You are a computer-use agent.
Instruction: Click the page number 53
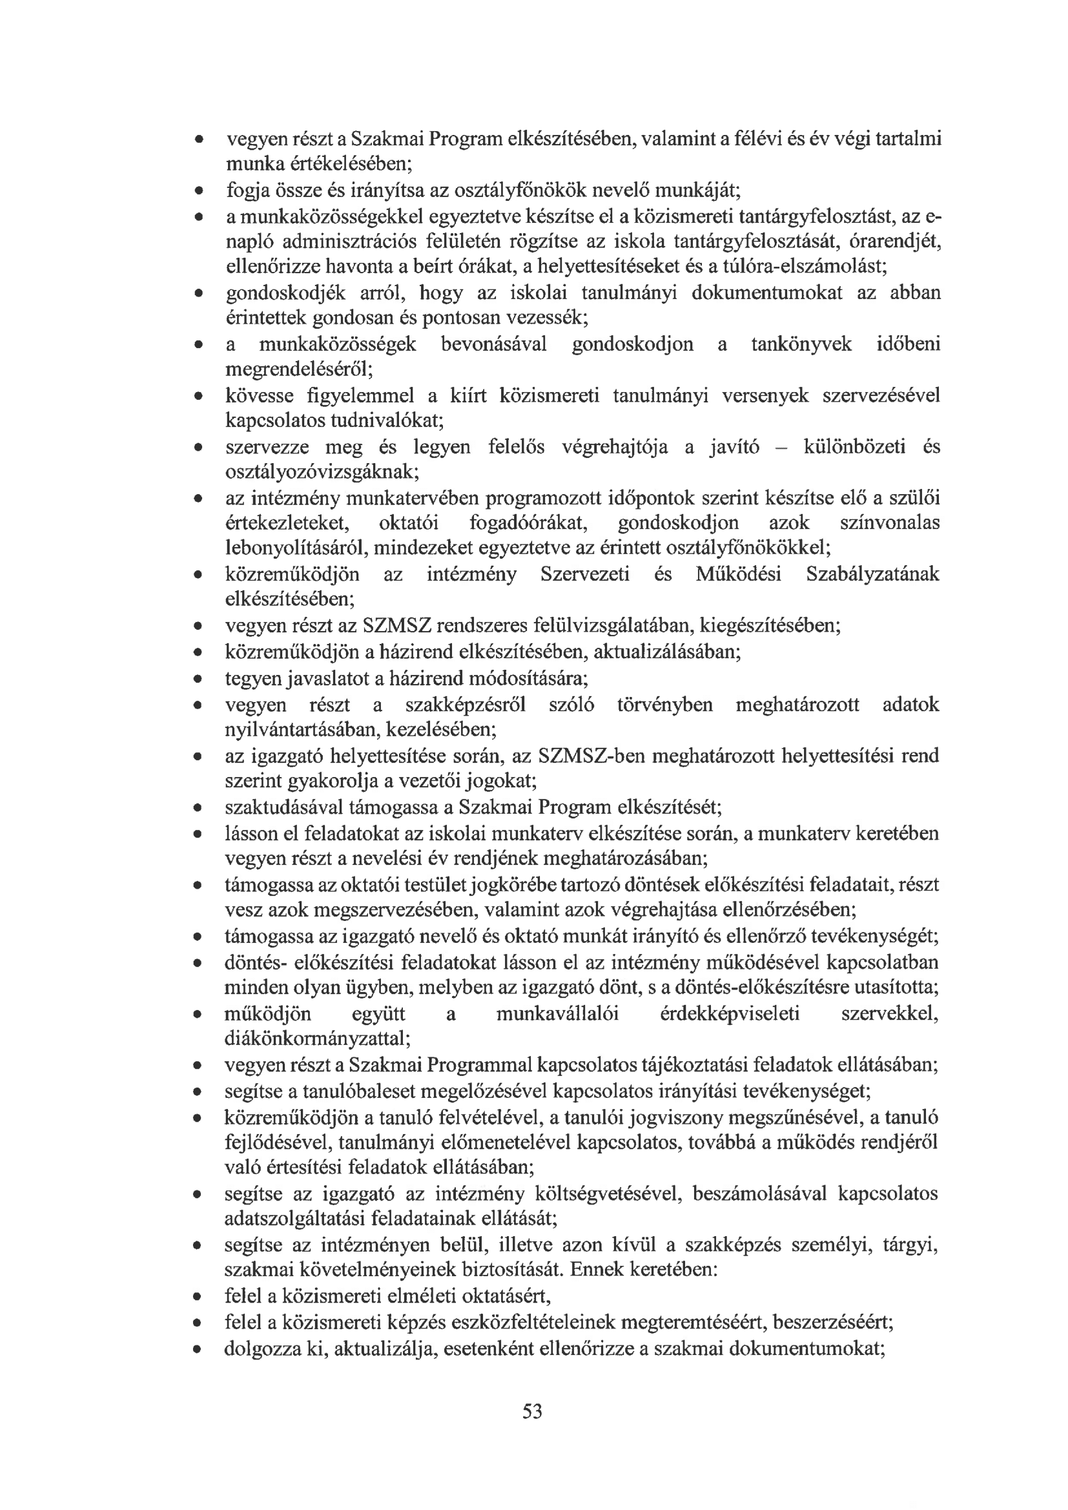(x=532, y=1411)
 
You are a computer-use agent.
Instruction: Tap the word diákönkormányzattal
(x=317, y=1039)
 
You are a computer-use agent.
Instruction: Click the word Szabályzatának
(x=873, y=575)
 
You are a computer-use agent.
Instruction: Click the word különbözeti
(x=852, y=447)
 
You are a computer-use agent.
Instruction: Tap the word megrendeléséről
(x=298, y=369)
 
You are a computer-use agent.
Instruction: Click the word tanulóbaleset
(x=353, y=1091)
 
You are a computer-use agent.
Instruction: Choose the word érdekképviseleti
(x=729, y=1014)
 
